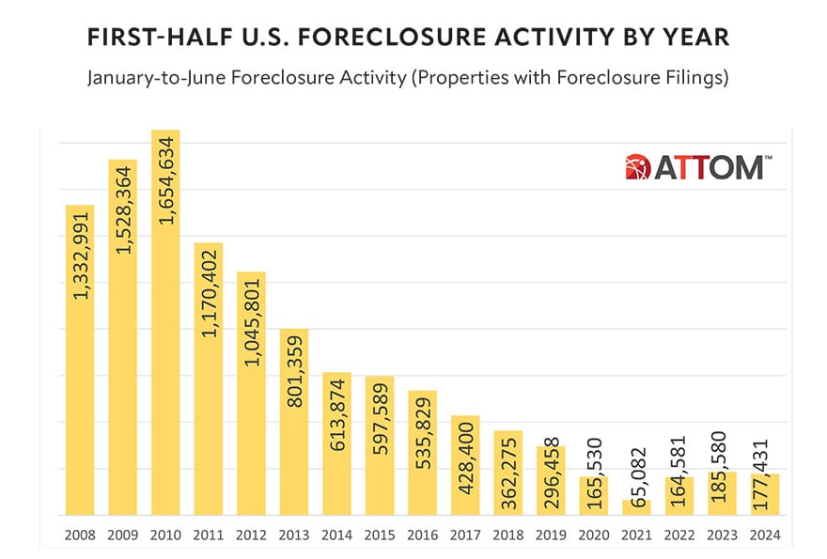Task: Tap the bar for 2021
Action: (635, 507)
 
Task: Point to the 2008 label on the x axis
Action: (80, 535)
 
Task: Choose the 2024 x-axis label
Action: (764, 535)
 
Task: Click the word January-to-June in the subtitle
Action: (142, 77)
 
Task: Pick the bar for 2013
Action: (294, 422)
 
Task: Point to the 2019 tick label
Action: (550, 535)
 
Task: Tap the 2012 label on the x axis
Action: (251, 535)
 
